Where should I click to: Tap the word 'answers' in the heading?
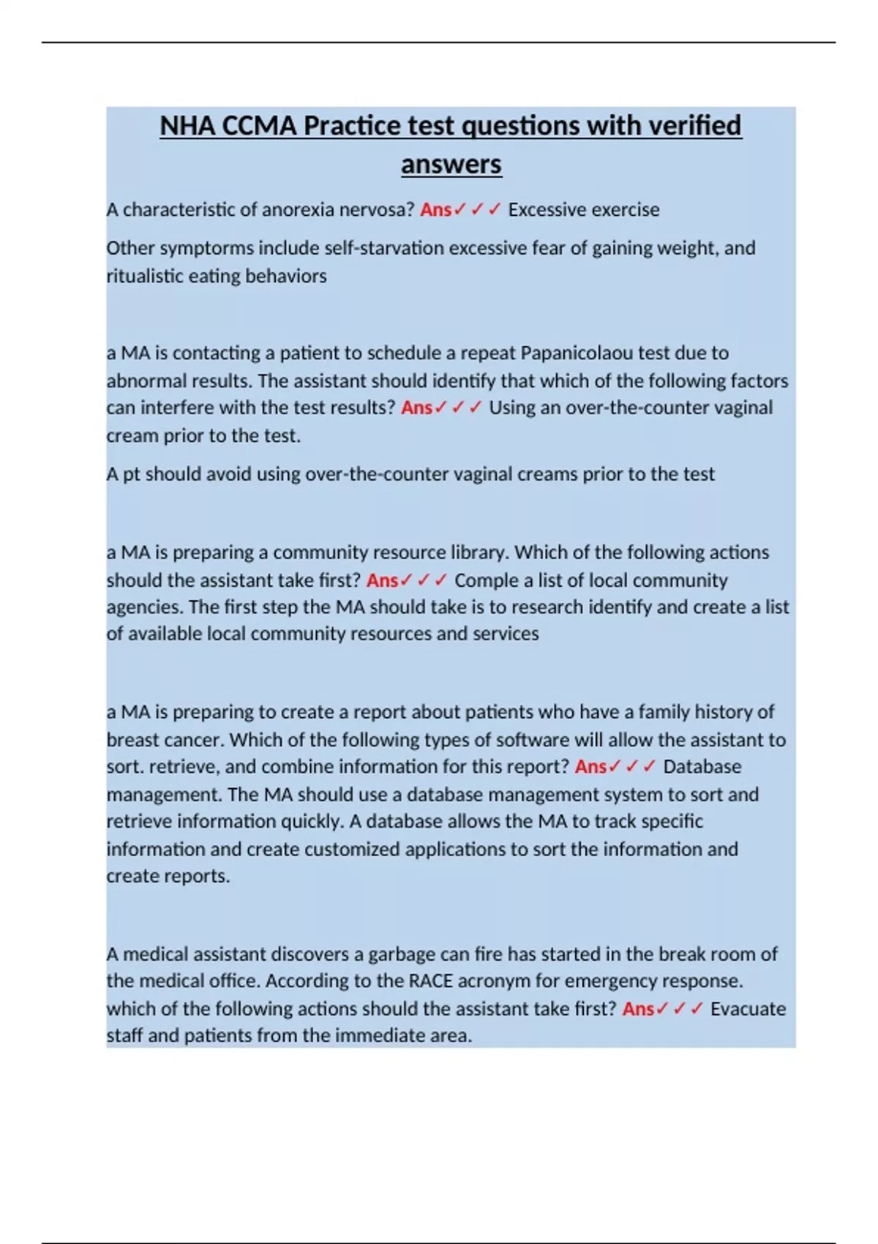[x=451, y=164]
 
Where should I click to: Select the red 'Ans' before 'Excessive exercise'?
[x=435, y=210]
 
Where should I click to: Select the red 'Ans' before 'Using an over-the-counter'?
[x=416, y=408]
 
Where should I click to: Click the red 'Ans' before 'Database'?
[x=590, y=767]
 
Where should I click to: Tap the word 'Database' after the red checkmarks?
[x=702, y=767]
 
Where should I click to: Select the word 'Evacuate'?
[x=747, y=1009]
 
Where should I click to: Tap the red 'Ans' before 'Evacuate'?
[x=638, y=1009]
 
